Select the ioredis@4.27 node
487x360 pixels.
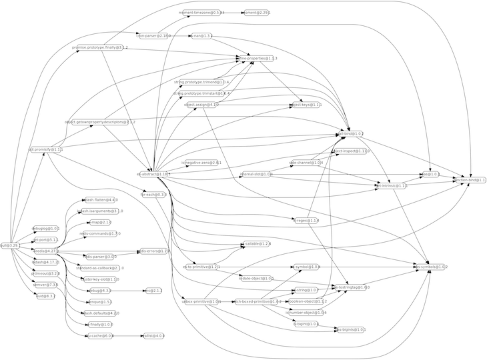point(45,251)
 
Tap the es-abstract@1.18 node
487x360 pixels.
point(153,174)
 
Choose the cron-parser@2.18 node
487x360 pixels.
point(153,35)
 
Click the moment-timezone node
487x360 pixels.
point(203,13)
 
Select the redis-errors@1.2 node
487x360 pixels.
point(154,251)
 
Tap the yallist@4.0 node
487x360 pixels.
point(153,336)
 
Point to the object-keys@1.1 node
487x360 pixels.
point(307,105)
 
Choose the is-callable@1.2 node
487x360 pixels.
point(257,244)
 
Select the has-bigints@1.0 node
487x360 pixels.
point(350,329)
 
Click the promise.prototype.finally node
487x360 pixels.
point(100,49)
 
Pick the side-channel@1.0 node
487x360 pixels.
point(306,162)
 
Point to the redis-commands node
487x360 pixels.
point(100,234)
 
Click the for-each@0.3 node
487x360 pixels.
point(153,195)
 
